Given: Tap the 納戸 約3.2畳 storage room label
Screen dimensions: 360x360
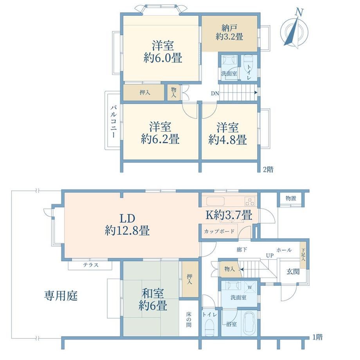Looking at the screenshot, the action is tap(229, 32).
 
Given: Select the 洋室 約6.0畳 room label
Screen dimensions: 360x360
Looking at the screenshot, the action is tap(163, 52).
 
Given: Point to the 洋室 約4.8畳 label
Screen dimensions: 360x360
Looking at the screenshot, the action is tap(227, 133).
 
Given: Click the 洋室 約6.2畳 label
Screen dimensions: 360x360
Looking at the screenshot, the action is tap(160, 133).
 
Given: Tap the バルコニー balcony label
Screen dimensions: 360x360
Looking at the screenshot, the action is tap(113, 122).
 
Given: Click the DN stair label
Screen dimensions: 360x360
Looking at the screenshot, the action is tap(215, 94).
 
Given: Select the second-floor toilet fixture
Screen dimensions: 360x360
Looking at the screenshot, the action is tap(248, 61).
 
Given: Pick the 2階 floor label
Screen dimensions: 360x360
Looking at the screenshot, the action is tap(268, 170).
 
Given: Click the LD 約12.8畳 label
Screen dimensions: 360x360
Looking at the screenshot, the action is tap(127, 224).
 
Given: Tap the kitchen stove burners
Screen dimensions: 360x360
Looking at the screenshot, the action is tap(250, 202).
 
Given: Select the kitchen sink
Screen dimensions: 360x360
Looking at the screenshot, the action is tap(215, 202).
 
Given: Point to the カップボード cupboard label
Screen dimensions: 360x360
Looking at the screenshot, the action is tap(219, 231).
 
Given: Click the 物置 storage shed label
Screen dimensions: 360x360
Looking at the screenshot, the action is tap(291, 198).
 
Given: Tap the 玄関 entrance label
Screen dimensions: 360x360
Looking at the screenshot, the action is tap(293, 272).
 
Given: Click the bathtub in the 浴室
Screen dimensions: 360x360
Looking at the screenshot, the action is tap(250, 323).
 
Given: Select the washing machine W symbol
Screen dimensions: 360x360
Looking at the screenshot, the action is tap(250, 287).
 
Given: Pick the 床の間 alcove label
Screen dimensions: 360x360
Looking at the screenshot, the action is tap(189, 319).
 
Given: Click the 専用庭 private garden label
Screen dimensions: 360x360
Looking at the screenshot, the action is tap(61, 296).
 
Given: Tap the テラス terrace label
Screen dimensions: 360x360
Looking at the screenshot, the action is tap(91, 265).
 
